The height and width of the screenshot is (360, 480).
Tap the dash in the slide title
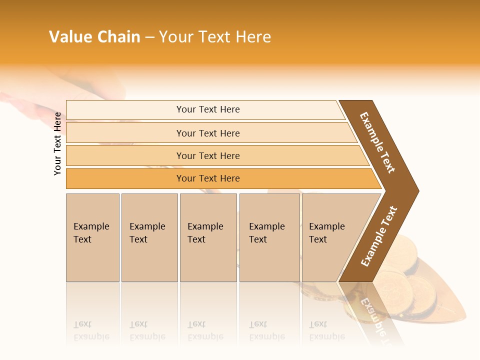point(149,37)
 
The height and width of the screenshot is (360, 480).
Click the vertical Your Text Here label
point(57,143)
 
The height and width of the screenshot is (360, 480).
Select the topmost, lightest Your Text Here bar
point(207,109)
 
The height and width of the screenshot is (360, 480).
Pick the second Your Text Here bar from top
point(207,133)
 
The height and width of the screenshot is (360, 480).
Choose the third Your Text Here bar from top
point(207,155)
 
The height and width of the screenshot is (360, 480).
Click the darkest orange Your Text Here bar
point(207,178)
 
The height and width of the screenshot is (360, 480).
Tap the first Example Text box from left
point(92,237)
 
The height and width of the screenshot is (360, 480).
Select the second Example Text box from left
point(149,237)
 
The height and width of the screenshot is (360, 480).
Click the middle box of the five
point(208,237)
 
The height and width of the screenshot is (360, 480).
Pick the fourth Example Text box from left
point(269,237)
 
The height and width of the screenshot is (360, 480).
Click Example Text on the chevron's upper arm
point(377,142)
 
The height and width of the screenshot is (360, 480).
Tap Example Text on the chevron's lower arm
point(379,236)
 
